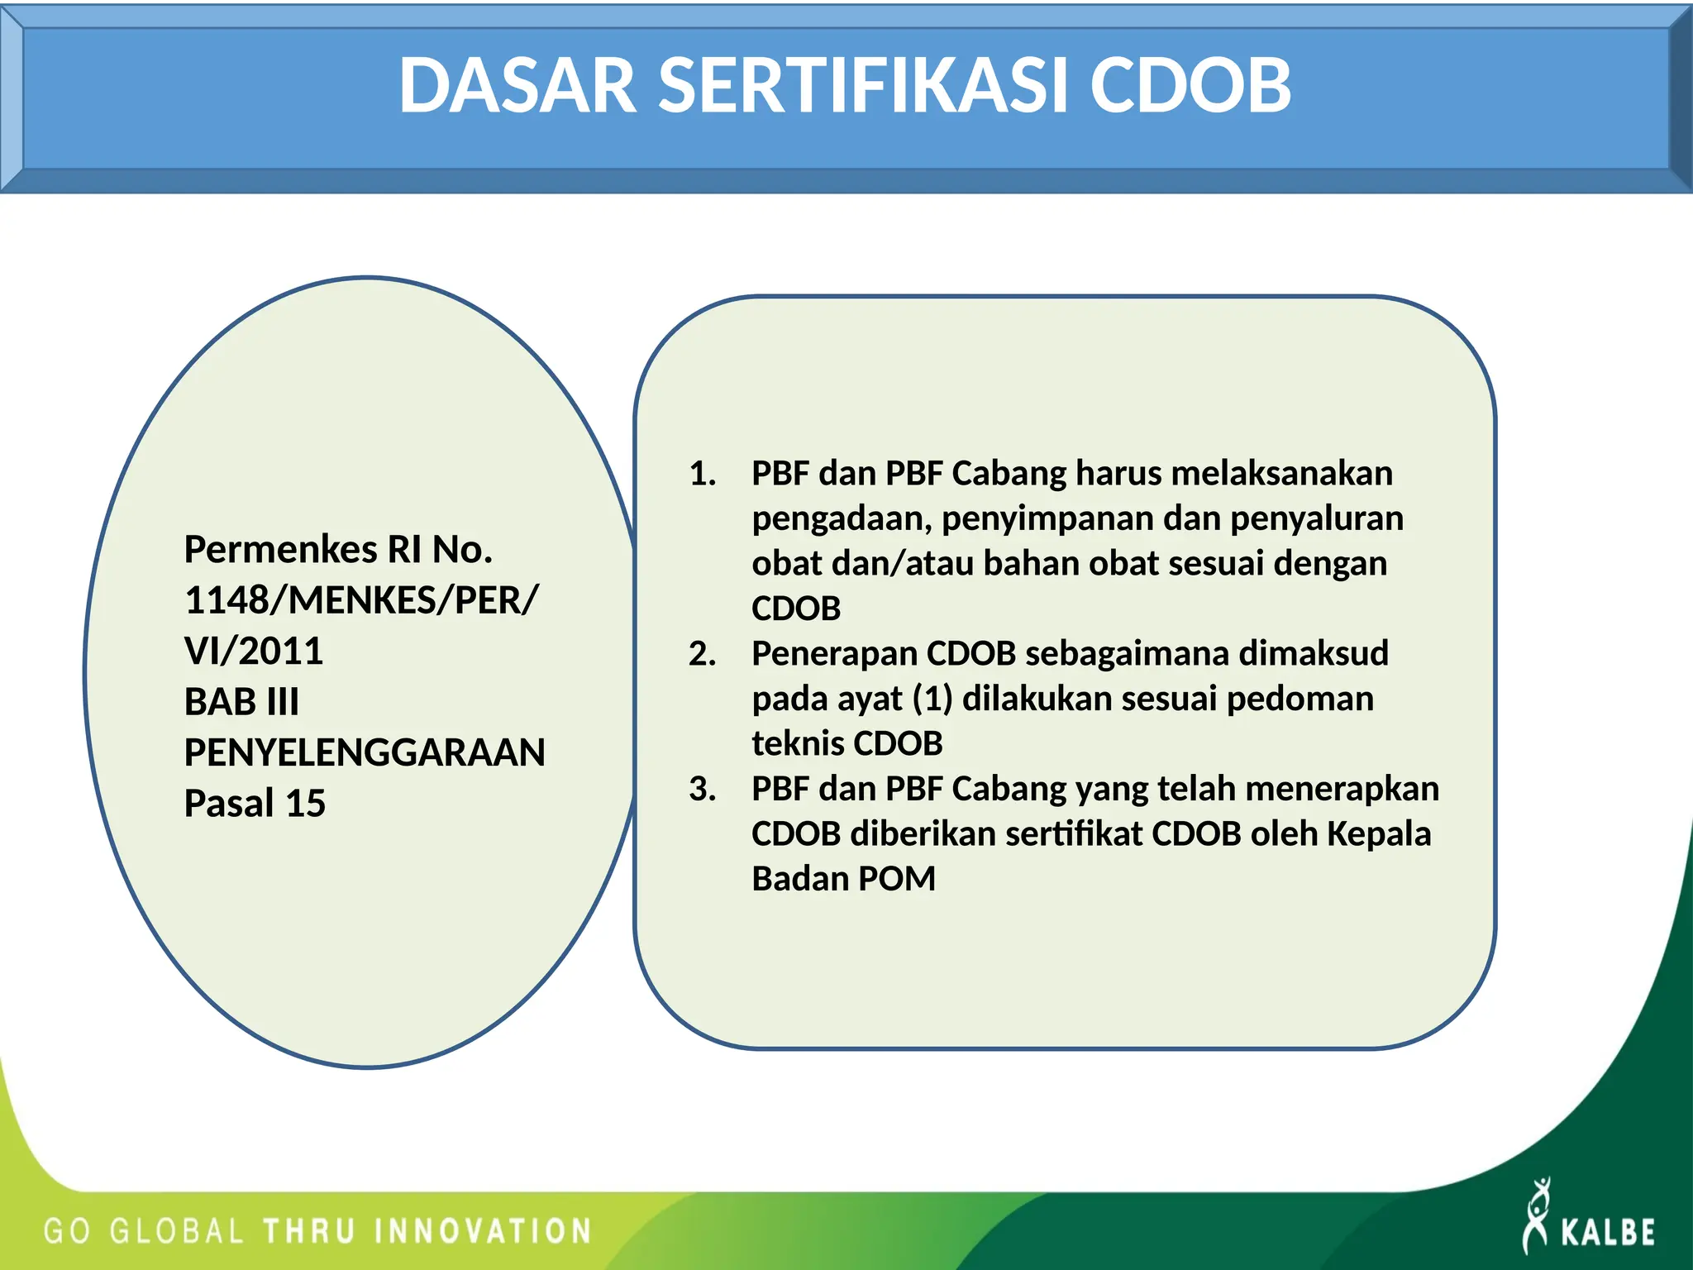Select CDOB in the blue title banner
coord(1190,86)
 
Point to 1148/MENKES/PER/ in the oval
coord(361,600)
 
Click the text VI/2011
coord(254,652)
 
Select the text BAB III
coord(241,702)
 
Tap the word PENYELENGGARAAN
coord(365,752)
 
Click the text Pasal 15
coord(255,803)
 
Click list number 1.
coord(702,474)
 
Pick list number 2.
coord(702,654)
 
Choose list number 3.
coord(702,789)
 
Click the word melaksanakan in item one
coord(1281,474)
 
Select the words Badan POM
coord(843,879)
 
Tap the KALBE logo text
coord(1607,1232)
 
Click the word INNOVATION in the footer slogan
coord(484,1231)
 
